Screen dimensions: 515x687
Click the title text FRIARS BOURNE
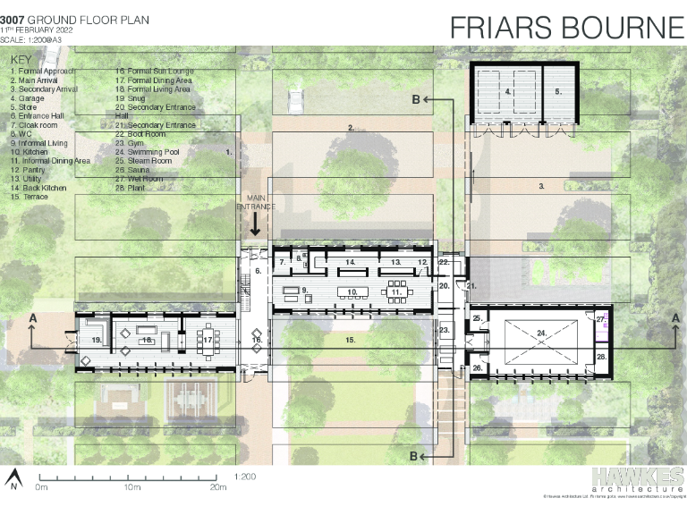coord(566,27)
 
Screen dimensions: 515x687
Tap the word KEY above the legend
coord(21,60)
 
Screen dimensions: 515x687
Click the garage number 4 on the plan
coord(507,91)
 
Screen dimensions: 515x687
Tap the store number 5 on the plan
coord(558,91)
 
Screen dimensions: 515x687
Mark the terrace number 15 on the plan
coord(351,341)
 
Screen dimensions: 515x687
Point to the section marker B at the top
coord(416,100)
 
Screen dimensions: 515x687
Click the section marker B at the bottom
coord(415,456)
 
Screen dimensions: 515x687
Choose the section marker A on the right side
coord(674,318)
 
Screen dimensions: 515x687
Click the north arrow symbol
coord(14,479)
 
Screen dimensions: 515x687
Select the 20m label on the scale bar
coord(218,487)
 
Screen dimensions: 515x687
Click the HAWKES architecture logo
coord(637,480)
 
